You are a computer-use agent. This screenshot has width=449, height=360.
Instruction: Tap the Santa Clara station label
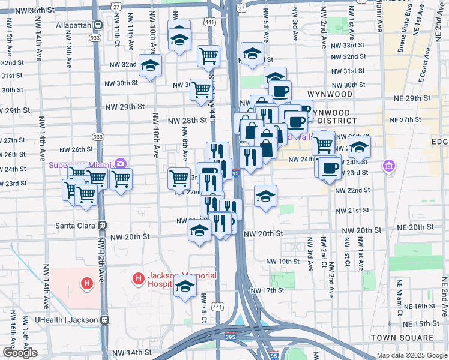(77, 225)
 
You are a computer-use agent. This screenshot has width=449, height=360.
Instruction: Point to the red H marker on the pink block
(87, 283)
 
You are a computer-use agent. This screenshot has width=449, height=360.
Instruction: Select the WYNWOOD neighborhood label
(329, 95)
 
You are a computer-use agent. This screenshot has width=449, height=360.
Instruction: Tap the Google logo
(20, 353)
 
